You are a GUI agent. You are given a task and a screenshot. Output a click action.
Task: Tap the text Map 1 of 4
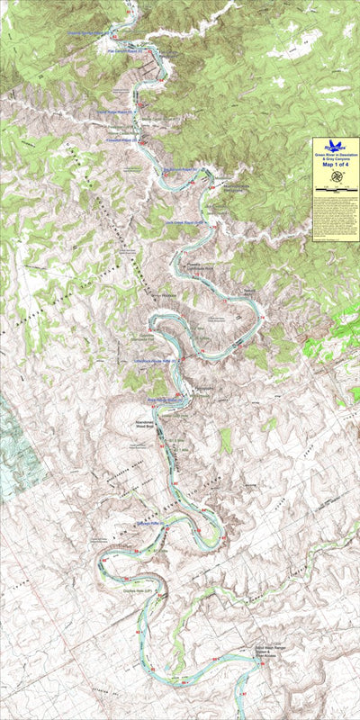point(336,164)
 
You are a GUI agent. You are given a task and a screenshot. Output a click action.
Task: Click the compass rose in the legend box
point(336,177)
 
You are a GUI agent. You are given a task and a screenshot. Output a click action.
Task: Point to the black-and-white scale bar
point(336,191)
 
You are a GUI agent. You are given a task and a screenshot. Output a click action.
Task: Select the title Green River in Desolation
point(336,155)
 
